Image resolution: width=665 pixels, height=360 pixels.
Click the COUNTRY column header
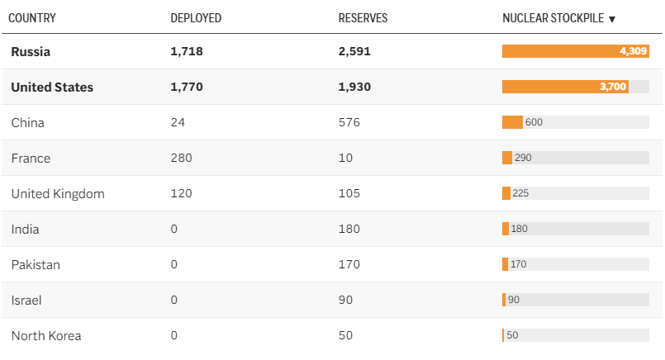click(x=32, y=18)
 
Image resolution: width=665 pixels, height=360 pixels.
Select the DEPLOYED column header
click(x=196, y=18)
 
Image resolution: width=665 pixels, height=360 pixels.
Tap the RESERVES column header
click(x=363, y=18)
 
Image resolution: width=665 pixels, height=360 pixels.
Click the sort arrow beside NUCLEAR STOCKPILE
click(x=612, y=19)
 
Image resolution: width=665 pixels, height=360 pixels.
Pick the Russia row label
click(x=31, y=51)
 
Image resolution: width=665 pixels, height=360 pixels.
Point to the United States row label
click(x=52, y=87)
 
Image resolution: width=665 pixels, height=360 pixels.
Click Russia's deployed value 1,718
click(x=187, y=51)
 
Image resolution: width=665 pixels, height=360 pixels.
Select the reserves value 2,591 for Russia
click(x=354, y=51)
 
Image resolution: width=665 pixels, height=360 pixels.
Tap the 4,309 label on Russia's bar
click(x=633, y=51)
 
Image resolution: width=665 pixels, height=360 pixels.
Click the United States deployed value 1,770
click(x=187, y=87)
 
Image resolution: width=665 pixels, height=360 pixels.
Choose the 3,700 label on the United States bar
click(x=614, y=87)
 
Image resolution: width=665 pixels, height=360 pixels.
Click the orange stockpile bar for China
click(x=512, y=122)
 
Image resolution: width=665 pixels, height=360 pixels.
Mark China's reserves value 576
click(x=349, y=122)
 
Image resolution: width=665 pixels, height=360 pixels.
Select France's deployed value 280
click(x=181, y=158)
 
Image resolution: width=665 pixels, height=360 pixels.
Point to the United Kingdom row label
click(x=58, y=193)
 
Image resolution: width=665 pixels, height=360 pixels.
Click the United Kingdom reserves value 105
click(x=349, y=193)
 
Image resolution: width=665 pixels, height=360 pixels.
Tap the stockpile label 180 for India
click(x=520, y=229)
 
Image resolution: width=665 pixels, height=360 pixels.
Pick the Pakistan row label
click(x=36, y=264)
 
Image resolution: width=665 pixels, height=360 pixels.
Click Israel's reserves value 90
click(x=346, y=300)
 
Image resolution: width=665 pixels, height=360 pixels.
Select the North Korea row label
click(x=46, y=335)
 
